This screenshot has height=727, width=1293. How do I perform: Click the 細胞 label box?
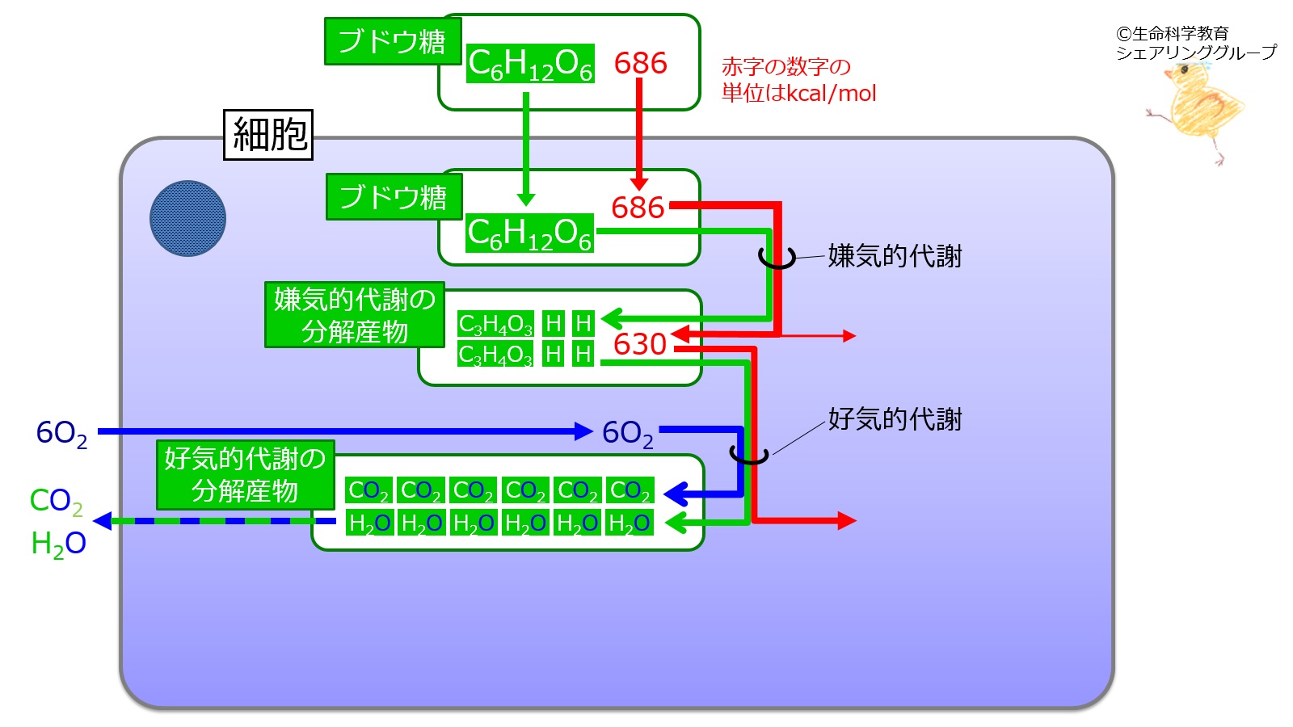[x=268, y=134]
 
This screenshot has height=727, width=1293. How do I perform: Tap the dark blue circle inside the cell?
[x=187, y=219]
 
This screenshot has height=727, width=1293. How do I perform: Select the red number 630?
[x=639, y=344]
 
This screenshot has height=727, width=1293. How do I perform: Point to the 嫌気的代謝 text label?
[x=895, y=256]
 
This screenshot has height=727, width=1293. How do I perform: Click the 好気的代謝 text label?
[x=895, y=419]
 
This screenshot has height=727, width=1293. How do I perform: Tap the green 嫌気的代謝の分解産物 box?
[x=355, y=315]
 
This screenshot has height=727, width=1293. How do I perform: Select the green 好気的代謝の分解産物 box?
[x=246, y=475]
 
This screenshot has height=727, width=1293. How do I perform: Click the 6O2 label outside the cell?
[x=61, y=433]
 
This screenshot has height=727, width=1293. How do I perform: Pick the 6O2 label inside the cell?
[x=627, y=433]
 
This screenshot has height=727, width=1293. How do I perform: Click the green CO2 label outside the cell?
[x=56, y=501]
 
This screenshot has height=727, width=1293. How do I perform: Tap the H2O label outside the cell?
[x=58, y=544]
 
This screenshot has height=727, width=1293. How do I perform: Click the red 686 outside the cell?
[x=640, y=63]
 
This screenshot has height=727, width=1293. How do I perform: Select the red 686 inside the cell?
[x=638, y=207]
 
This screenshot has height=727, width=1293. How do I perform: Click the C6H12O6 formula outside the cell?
[x=530, y=64]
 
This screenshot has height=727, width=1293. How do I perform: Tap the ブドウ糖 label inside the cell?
[x=394, y=197]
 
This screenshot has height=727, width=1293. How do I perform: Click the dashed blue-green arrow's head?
[x=102, y=521]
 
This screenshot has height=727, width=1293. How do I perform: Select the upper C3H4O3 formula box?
[x=495, y=324]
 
